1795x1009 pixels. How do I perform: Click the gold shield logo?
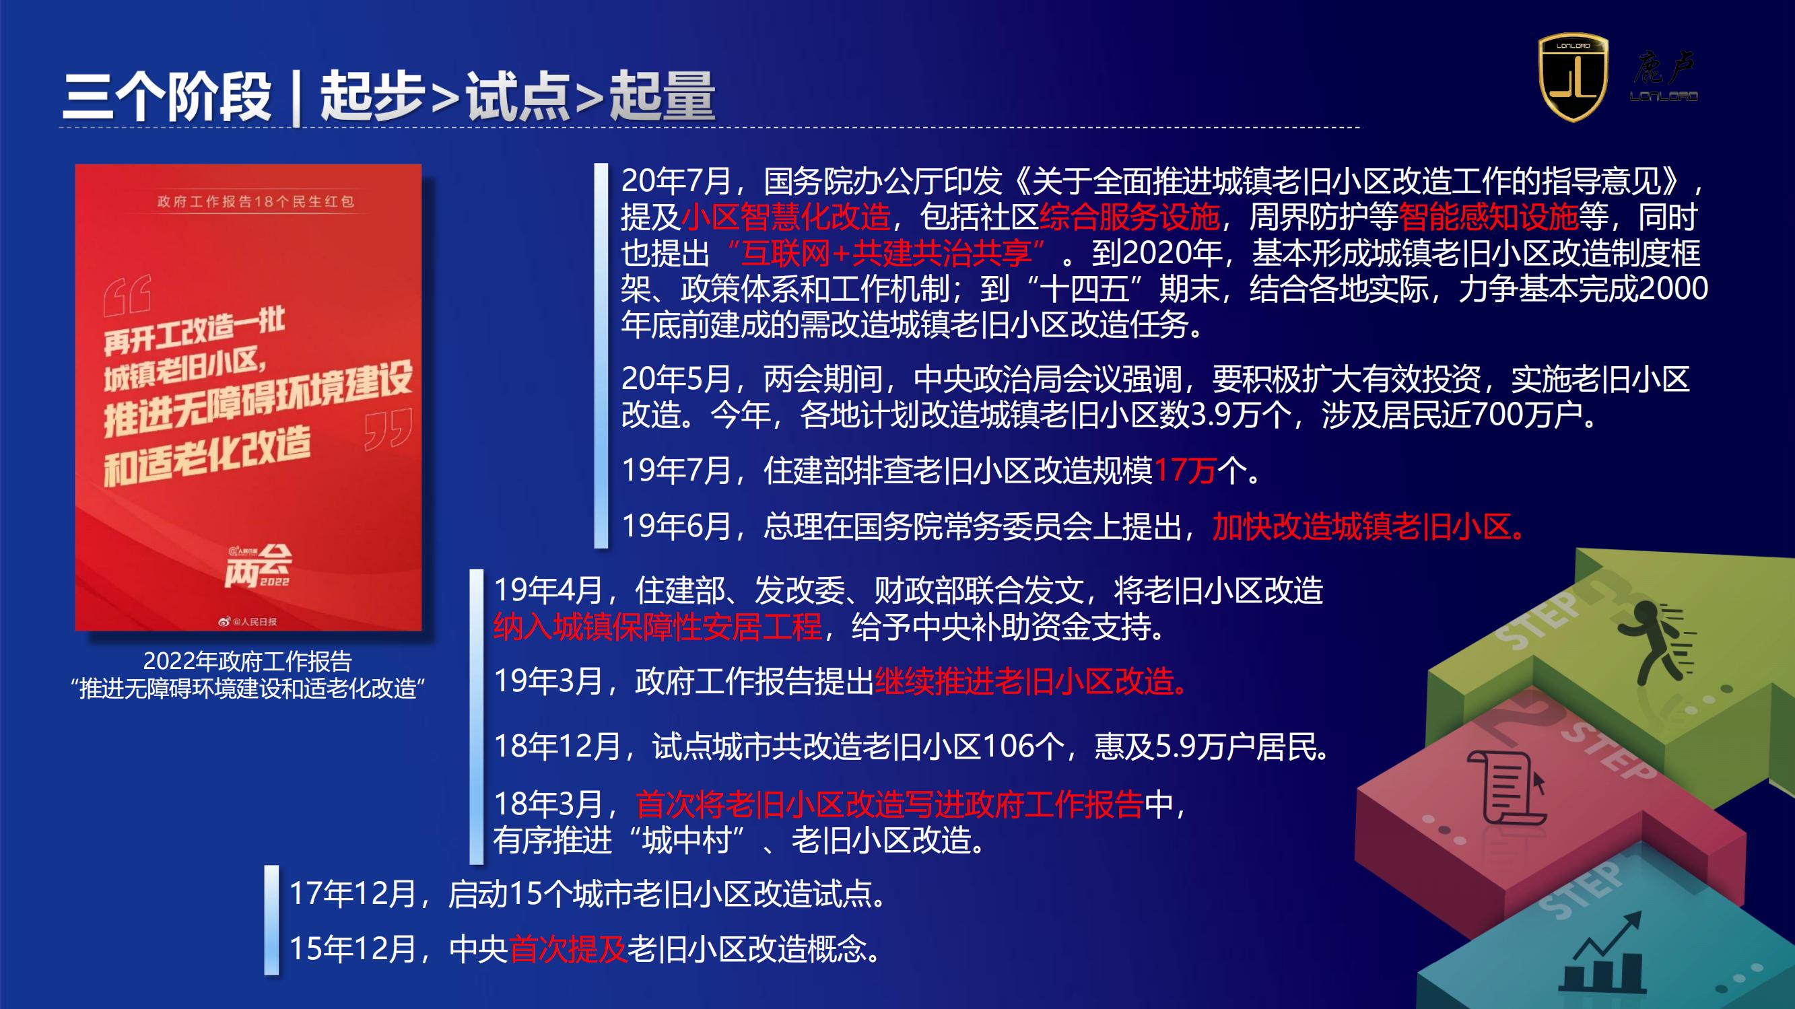coord(1573,77)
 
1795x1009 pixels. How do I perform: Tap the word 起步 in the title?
coord(372,96)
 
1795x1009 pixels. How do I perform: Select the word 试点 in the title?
coord(518,96)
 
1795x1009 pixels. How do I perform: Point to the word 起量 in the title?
coord(662,96)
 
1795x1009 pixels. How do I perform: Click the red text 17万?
coord(1185,471)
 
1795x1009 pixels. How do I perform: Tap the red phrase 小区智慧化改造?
coord(786,217)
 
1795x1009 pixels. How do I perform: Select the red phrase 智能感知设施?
coord(1489,217)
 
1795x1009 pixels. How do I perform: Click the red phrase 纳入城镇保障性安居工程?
coord(658,627)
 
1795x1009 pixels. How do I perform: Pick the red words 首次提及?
coord(569,949)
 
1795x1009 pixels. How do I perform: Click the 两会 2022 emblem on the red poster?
coord(258,566)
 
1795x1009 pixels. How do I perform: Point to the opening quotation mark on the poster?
coord(127,295)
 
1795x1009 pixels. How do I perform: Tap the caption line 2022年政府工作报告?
coord(247,660)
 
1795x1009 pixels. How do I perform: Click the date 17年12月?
coord(353,893)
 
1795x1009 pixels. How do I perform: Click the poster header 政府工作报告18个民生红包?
coord(256,201)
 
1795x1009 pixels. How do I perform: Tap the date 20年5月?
coord(676,379)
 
